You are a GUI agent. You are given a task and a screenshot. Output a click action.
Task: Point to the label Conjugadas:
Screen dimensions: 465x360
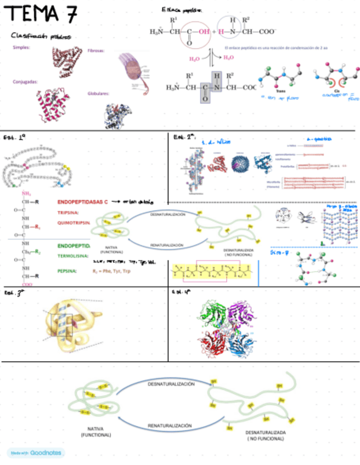25,82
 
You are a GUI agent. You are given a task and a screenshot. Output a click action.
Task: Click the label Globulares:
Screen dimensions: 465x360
98,93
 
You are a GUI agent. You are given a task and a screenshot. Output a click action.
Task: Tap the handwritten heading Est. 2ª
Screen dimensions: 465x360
183,137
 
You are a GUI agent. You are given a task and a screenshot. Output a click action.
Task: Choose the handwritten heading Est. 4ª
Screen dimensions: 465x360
183,293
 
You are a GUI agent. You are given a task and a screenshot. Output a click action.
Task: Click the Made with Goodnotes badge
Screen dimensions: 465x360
36,453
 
